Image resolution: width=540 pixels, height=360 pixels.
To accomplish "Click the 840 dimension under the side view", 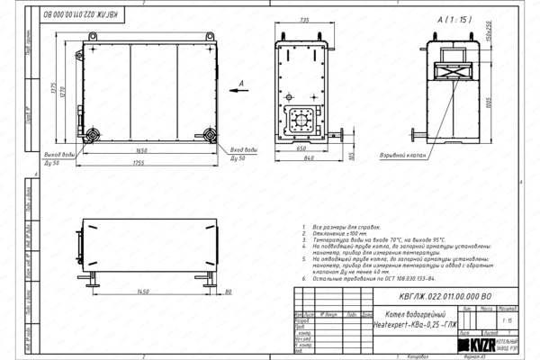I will point(310,158).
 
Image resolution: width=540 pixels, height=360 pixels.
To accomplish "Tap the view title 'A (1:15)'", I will point(453,19).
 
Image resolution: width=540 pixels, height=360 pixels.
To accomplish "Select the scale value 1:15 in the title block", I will point(510,319).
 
